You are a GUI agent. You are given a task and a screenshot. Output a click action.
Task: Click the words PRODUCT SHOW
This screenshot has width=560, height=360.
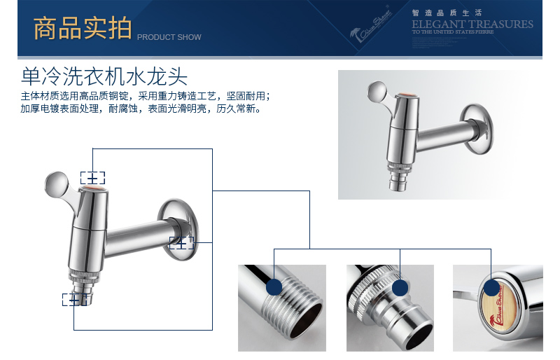point(169,37)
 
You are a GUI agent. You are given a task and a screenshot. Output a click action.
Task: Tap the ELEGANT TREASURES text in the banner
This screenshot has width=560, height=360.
point(472,24)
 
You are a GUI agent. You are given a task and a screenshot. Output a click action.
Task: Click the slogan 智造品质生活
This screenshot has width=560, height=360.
point(437,13)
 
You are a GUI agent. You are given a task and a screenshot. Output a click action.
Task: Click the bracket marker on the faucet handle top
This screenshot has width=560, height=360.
point(92,177)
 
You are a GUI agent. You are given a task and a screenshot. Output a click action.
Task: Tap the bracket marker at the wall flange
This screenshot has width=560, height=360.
point(181,243)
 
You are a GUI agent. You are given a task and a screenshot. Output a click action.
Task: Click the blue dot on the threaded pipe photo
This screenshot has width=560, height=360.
point(274,286)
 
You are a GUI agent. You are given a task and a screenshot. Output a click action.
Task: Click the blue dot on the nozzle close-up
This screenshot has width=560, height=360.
point(400,288)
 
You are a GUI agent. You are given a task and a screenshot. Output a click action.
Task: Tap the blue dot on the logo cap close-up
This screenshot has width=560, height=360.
point(492,288)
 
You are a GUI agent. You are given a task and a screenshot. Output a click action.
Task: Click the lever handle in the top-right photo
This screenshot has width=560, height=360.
point(378,93)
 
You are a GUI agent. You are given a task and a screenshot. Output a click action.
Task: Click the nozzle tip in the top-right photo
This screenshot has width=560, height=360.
point(398,184)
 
